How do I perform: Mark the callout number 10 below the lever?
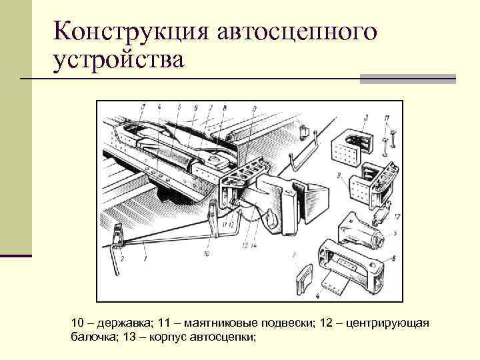(207, 254)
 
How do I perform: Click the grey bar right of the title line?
(407, 79)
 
